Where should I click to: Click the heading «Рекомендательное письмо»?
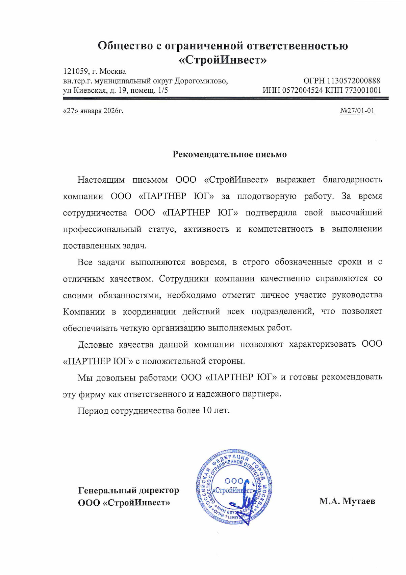(x=229, y=155)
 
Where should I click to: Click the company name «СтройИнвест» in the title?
(x=223, y=60)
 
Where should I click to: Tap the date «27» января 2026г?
(x=93, y=111)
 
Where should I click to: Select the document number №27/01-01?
(x=357, y=111)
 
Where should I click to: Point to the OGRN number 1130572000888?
(x=353, y=80)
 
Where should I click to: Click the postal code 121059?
(x=76, y=71)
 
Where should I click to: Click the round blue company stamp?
(x=234, y=487)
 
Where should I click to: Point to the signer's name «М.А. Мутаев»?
(x=347, y=501)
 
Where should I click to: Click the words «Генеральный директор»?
(x=128, y=490)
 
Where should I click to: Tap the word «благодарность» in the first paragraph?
(x=352, y=180)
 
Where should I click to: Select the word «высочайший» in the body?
(x=356, y=213)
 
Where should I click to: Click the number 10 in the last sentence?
(x=207, y=411)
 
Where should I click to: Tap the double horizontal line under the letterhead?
(x=226, y=98)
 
